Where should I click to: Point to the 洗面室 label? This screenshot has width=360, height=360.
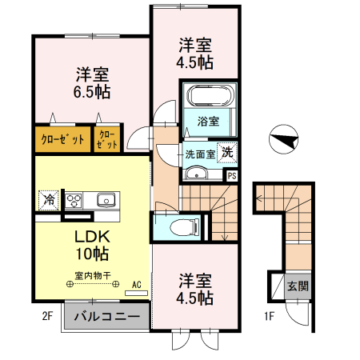[x=200, y=154]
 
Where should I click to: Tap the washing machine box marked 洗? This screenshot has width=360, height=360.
[x=228, y=152]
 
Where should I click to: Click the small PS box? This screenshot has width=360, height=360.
[x=232, y=176]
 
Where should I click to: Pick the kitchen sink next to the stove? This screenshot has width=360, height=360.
[x=106, y=200]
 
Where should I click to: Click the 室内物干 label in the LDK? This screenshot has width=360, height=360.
[x=92, y=276]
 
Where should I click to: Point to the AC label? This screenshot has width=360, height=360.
[x=136, y=284]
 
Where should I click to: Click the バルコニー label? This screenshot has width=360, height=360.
[x=106, y=316]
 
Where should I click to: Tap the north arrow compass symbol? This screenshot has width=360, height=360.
[x=285, y=142]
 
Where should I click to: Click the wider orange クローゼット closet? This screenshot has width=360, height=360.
[x=62, y=138]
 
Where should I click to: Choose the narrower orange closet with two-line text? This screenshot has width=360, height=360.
[x=107, y=138]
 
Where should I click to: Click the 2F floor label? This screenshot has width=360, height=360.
[x=47, y=316]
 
